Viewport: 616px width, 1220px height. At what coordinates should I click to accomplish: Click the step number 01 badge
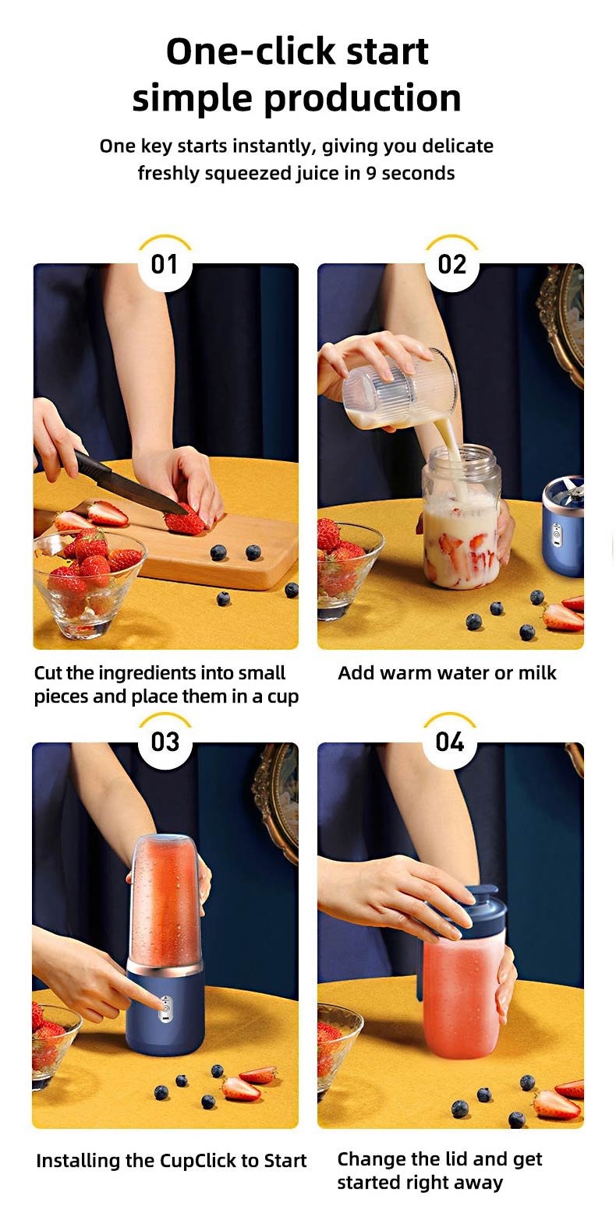(165, 264)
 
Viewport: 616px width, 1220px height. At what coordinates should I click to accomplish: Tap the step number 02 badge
(451, 264)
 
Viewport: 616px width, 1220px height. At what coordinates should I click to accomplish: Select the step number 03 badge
(165, 742)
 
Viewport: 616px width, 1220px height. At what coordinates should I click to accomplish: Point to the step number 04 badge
(450, 742)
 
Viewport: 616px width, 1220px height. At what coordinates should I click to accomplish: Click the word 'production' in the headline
(363, 99)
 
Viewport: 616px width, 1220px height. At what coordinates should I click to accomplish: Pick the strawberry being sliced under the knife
(184, 521)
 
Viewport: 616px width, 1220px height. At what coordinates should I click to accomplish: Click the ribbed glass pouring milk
(401, 388)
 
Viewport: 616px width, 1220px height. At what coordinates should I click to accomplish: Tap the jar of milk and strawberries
(461, 517)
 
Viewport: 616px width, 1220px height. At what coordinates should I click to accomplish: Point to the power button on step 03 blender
(165, 1008)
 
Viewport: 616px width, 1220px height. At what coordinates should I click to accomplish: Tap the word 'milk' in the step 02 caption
(537, 673)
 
